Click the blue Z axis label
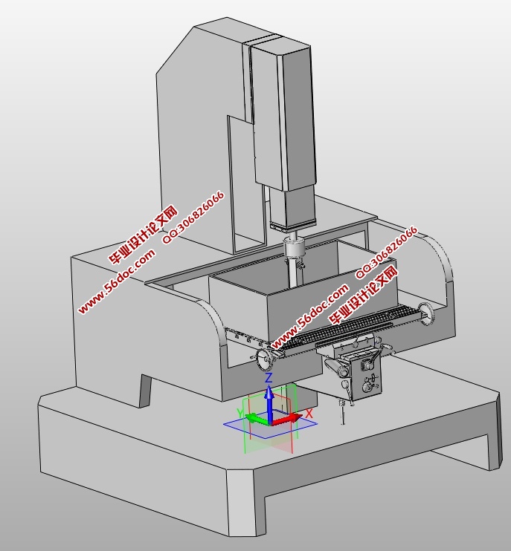[269, 378]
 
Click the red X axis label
[309, 414]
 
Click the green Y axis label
[240, 413]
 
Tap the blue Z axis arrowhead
[269, 392]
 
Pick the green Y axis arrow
[257, 419]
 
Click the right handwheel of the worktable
[427, 313]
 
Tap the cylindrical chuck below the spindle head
[294, 248]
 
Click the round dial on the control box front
[367, 388]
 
